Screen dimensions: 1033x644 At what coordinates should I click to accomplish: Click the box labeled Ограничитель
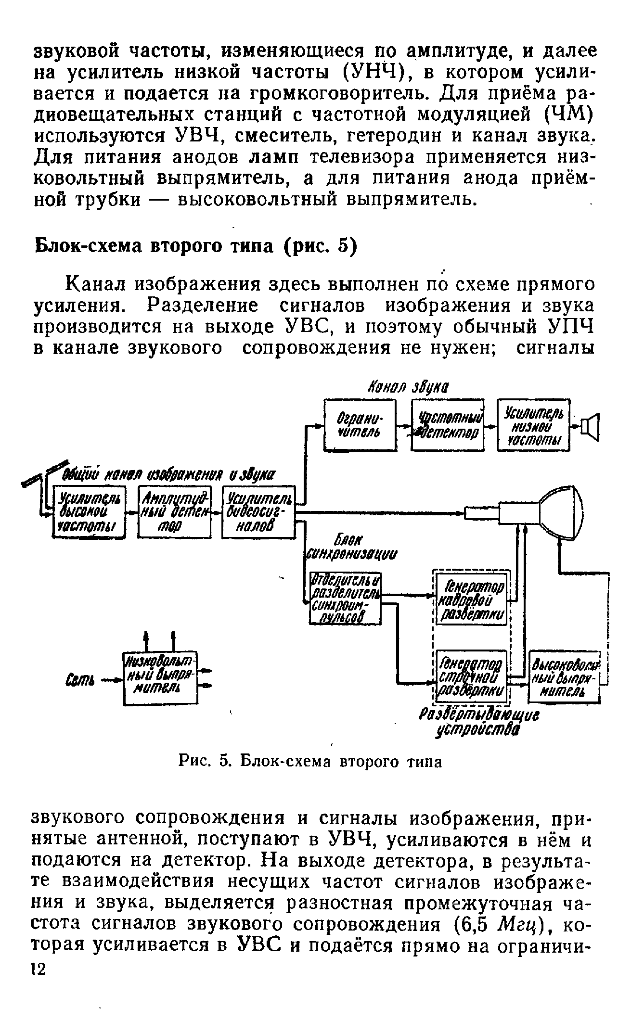[x=360, y=425]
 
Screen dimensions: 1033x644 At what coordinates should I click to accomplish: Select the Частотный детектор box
[x=448, y=425]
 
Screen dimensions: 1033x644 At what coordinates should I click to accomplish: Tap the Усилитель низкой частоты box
[x=533, y=425]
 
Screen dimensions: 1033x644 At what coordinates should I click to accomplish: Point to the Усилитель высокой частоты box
[x=88, y=512]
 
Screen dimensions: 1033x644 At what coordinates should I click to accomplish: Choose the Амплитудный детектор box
[x=174, y=512]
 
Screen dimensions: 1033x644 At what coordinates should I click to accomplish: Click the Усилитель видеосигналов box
[x=258, y=512]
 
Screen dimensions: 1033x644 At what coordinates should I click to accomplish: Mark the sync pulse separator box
[x=345, y=599]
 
